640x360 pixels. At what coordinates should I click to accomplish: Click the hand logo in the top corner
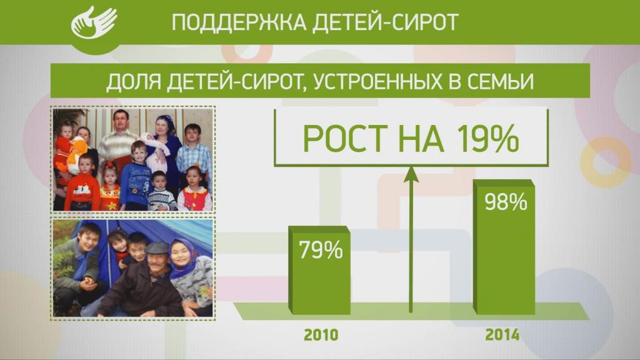(x=93, y=22)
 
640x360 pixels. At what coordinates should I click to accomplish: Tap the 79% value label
(x=321, y=250)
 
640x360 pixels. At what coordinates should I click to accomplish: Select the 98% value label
(x=506, y=202)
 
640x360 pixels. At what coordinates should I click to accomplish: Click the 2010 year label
(x=321, y=335)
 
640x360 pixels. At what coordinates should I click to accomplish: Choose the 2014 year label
(x=502, y=335)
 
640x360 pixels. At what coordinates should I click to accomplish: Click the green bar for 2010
(x=321, y=281)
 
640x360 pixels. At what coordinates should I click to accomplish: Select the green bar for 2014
(x=506, y=262)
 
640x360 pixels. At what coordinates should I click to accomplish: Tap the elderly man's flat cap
(x=157, y=248)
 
